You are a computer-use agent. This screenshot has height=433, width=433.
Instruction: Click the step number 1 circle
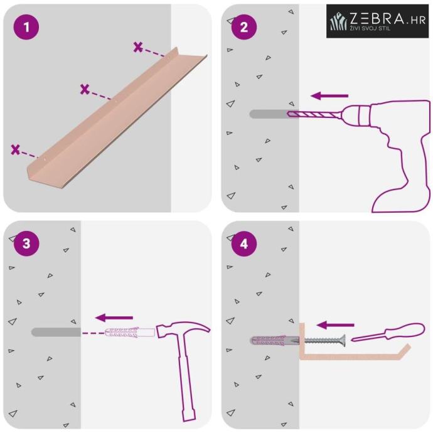(26, 27)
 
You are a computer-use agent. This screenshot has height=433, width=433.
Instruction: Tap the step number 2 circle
(244, 27)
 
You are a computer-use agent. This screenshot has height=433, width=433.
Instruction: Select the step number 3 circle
(26, 243)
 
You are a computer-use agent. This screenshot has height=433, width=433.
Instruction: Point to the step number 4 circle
(244, 244)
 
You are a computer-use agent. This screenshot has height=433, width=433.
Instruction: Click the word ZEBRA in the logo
(377, 19)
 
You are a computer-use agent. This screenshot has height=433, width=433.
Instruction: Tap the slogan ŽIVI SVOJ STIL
(370, 28)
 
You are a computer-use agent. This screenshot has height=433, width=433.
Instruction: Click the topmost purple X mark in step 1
(138, 47)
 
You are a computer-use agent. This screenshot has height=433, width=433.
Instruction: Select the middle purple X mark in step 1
(85, 89)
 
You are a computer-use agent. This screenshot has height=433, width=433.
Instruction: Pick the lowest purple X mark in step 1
(16, 149)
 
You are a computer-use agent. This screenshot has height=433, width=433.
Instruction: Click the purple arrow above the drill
(329, 96)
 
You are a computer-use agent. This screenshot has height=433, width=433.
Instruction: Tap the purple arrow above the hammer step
(114, 318)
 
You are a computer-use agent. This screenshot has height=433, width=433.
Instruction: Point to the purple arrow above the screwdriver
(335, 325)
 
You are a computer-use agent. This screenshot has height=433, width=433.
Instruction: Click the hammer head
(183, 330)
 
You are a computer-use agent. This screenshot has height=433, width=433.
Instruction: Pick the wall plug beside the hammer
(130, 333)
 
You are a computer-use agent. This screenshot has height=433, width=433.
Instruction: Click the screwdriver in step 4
(388, 333)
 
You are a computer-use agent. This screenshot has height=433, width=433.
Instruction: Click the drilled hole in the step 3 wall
(56, 332)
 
